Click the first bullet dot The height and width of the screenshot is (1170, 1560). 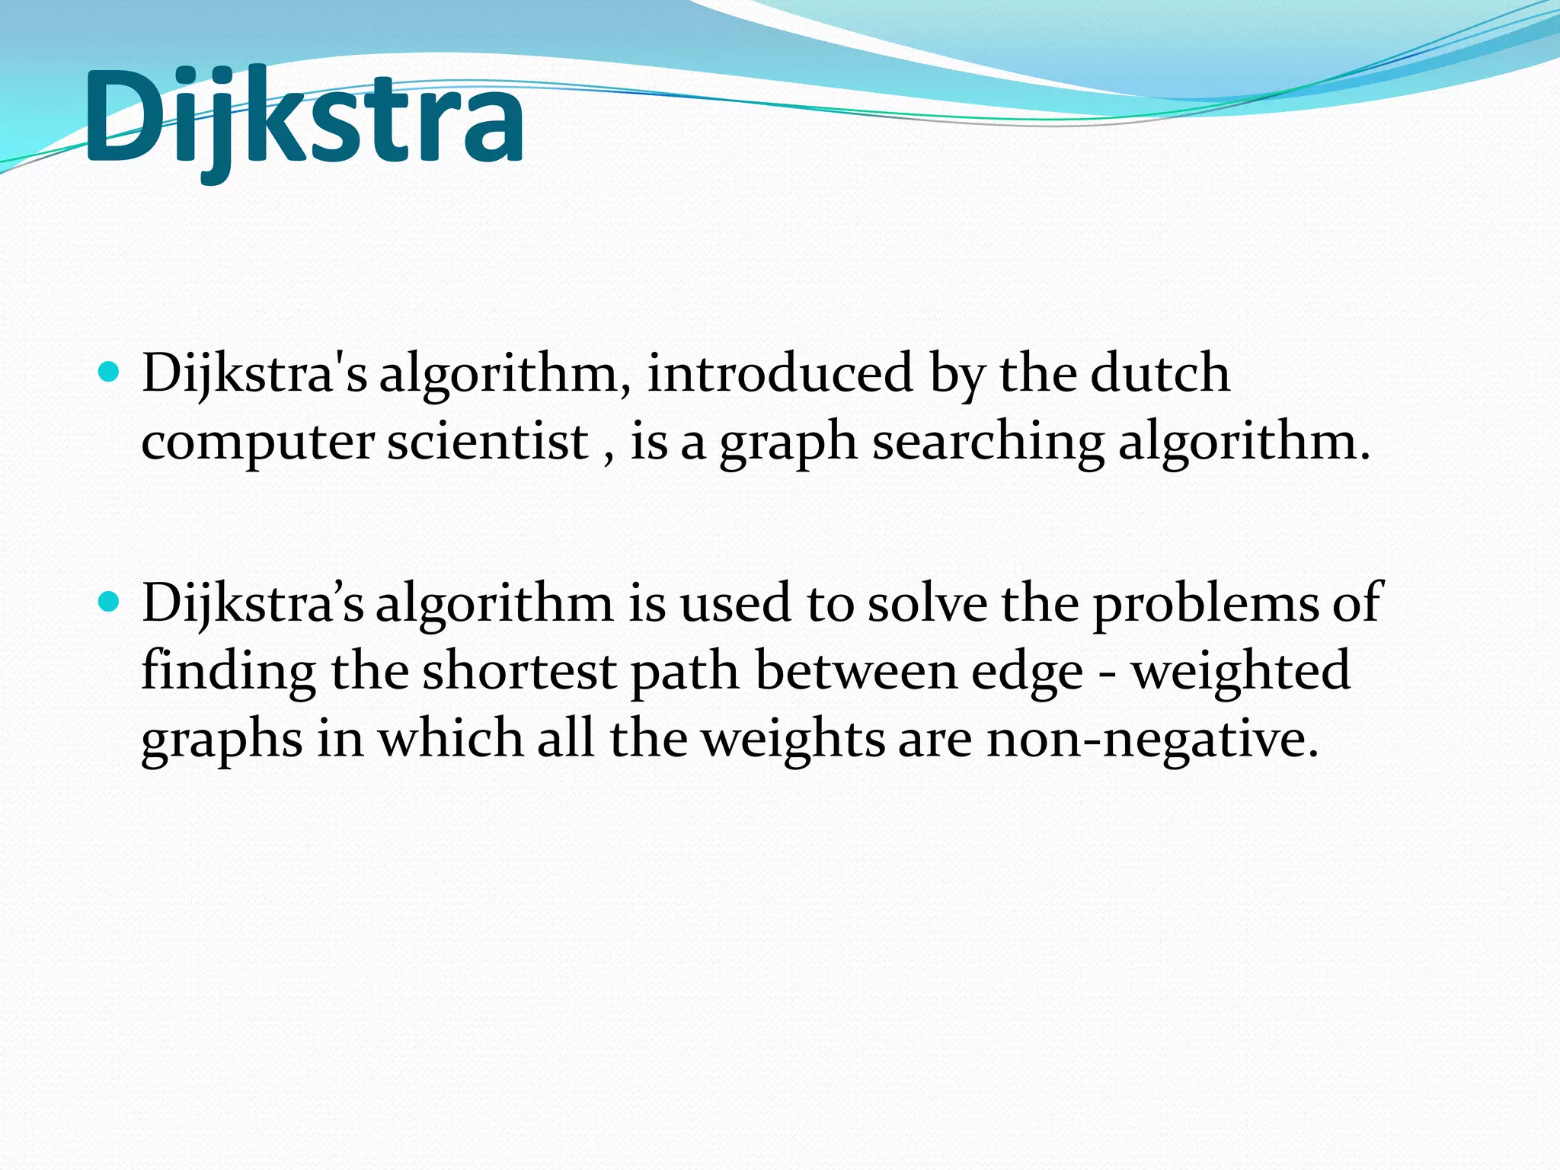point(110,372)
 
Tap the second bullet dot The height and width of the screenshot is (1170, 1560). point(110,603)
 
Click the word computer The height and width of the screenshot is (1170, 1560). point(257,443)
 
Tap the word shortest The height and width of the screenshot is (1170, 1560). point(519,672)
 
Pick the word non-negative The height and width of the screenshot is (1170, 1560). point(1152,740)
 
